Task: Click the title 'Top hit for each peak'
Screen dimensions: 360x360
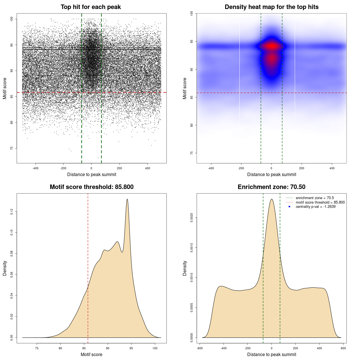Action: (91, 7)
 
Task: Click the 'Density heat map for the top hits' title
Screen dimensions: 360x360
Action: (271, 7)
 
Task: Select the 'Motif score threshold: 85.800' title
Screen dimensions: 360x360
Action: (91, 187)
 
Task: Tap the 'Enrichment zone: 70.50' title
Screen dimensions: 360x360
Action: (271, 187)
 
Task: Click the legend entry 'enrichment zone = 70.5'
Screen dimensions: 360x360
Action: (315, 198)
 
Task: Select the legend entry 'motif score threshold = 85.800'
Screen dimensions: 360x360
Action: (320, 202)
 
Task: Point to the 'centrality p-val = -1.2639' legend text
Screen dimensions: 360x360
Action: (316, 207)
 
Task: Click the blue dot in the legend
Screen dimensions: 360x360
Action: (289, 207)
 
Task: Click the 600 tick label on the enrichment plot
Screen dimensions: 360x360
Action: (343, 348)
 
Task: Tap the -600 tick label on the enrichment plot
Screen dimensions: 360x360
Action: (199, 348)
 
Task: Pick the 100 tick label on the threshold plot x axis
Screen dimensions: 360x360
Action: (155, 348)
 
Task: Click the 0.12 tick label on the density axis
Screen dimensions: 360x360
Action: (12, 211)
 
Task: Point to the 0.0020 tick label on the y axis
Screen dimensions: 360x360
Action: (192, 217)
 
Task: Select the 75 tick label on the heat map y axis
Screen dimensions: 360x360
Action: (192, 153)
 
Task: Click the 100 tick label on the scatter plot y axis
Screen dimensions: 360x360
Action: (12, 19)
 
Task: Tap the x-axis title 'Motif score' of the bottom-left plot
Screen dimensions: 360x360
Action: (91, 354)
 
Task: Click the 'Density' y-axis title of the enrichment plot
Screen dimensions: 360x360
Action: (185, 268)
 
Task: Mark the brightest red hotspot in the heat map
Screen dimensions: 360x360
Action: (271, 46)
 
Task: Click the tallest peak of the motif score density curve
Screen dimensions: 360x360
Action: (127, 199)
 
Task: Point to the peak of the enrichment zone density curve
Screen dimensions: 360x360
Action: (271, 199)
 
